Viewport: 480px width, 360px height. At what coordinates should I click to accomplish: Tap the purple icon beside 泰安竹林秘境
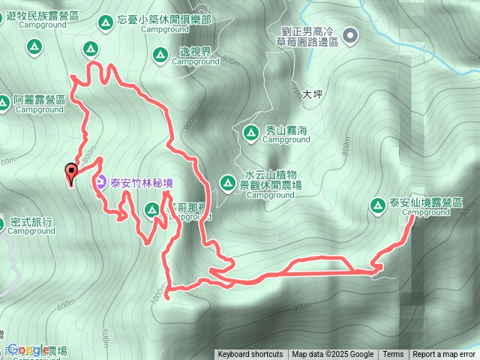(101, 181)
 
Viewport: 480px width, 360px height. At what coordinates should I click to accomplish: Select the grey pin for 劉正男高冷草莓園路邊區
(350, 34)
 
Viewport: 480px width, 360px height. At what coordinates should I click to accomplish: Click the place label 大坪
(312, 94)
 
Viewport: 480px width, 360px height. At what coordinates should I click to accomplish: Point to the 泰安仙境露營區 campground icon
(377, 205)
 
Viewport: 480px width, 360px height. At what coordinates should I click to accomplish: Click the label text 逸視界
(195, 52)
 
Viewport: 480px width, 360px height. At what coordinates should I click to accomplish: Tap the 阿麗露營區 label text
(40, 100)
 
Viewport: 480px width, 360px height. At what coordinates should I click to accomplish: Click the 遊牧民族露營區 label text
(51, 15)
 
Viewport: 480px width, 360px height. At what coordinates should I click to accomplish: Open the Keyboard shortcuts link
(250, 355)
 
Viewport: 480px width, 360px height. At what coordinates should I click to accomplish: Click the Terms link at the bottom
(393, 355)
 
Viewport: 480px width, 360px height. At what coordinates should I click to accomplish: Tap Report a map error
(444, 355)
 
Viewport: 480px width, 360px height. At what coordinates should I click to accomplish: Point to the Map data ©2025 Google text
(333, 355)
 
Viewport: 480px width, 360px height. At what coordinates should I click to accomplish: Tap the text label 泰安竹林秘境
(142, 181)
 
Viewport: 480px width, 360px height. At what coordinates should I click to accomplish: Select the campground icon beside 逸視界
(160, 53)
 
